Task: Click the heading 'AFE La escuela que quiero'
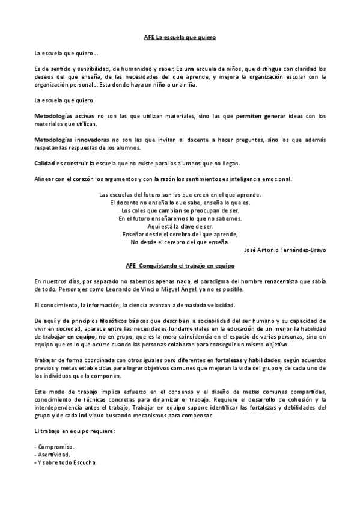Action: [x=180, y=38]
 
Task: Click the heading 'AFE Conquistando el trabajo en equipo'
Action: [x=180, y=265]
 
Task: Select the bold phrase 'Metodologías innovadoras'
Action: [x=62, y=139]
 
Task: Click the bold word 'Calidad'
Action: [x=44, y=163]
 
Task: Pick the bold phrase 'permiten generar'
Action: [x=260, y=115]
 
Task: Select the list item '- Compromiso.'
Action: [x=55, y=447]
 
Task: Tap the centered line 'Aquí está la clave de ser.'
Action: [x=180, y=226]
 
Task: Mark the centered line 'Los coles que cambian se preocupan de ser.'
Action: [x=180, y=210]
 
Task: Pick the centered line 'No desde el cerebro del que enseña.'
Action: [x=180, y=242]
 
